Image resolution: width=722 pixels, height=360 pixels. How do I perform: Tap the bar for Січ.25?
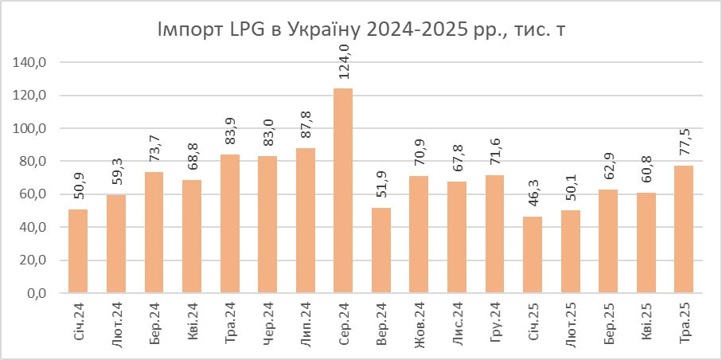pos(533,255)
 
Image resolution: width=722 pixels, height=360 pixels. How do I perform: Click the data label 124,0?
pos(343,63)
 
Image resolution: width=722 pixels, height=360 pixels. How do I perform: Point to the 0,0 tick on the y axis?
pos(38,293)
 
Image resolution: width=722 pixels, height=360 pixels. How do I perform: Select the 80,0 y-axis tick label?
pos(35,161)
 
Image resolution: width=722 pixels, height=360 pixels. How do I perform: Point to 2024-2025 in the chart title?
pos(415,30)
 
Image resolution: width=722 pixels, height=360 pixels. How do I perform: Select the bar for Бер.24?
pos(154,232)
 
